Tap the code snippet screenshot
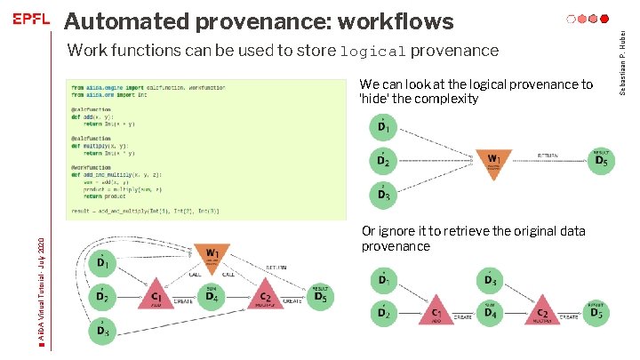click(x=146, y=148)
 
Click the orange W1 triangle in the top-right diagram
click(x=494, y=161)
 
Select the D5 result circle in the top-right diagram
click(x=601, y=160)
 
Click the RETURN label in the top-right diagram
click(x=548, y=156)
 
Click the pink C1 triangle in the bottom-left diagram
click(x=156, y=298)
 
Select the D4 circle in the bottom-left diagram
click(x=212, y=298)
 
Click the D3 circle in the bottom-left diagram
click(x=103, y=332)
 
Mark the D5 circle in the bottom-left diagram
click(x=320, y=297)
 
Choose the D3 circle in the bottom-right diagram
click(x=490, y=282)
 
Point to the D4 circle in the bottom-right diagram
click(x=490, y=313)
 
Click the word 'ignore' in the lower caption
click(x=399, y=231)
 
